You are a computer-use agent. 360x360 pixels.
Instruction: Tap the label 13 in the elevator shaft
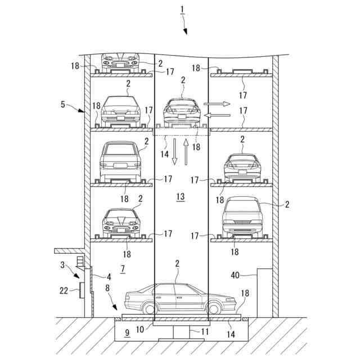[x=180, y=197]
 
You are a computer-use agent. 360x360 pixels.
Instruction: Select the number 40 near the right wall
[x=236, y=275]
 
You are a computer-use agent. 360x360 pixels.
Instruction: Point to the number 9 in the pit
[x=127, y=332]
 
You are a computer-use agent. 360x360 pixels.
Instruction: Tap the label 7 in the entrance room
[x=123, y=269]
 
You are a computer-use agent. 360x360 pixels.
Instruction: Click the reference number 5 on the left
[x=63, y=104]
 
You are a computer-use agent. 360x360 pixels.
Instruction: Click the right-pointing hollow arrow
[x=217, y=104]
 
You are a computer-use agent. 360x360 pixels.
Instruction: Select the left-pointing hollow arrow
[x=217, y=115]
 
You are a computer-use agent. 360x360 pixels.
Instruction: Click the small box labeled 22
[x=82, y=290]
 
